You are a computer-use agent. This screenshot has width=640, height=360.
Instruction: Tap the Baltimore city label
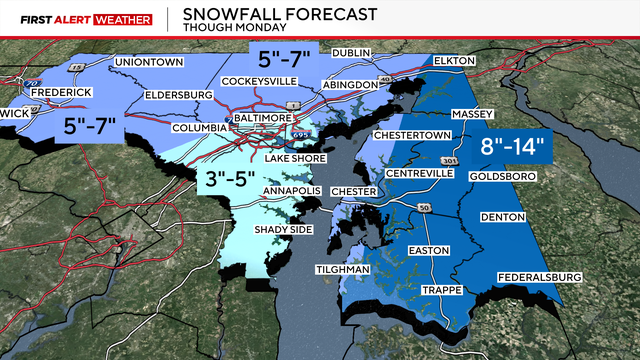(x=277, y=118)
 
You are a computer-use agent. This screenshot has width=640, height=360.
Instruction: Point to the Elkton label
(x=459, y=62)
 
